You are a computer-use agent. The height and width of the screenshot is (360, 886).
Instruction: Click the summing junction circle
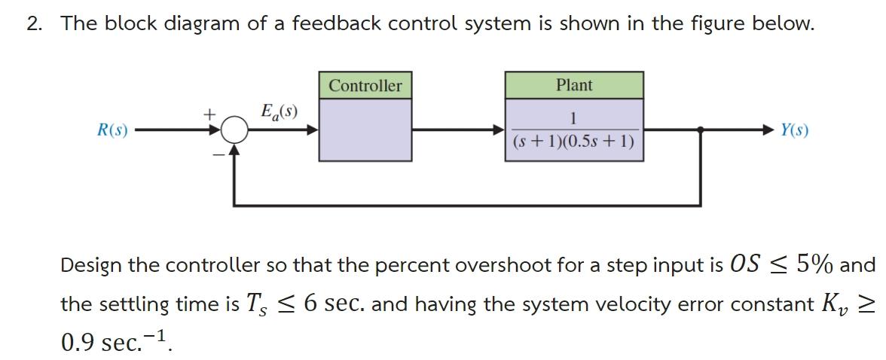[236, 130]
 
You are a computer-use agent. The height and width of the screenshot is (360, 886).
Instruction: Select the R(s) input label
[112, 130]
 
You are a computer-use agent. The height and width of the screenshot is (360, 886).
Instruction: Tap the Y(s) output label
[795, 130]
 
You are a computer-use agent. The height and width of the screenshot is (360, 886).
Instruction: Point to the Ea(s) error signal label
[278, 113]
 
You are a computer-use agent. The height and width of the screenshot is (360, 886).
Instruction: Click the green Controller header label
[365, 86]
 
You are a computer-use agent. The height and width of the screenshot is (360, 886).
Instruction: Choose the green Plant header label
[574, 85]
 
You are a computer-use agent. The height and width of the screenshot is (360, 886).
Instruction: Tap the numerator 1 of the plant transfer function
[574, 118]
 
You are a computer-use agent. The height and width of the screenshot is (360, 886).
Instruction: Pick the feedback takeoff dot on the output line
[701, 130]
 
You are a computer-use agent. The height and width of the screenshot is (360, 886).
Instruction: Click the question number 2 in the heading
[34, 23]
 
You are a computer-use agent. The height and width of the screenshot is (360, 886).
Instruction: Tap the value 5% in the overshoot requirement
[809, 265]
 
